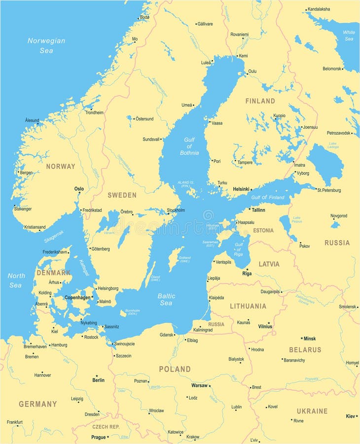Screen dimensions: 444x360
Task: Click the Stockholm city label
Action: click(176, 210)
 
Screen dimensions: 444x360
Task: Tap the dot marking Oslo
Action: click(79, 193)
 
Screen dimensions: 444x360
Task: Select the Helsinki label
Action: click(241, 188)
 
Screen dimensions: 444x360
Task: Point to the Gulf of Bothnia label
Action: click(189, 146)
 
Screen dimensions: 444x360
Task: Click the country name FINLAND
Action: click(260, 101)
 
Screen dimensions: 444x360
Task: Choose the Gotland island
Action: click(174, 259)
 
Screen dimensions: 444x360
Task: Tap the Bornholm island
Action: click(123, 313)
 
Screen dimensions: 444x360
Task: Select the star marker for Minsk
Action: click(302, 338)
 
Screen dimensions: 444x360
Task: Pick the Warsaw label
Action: click(199, 385)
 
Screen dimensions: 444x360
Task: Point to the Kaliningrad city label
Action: click(203, 330)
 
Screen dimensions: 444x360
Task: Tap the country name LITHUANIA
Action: click(248, 306)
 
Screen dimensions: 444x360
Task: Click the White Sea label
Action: click(349, 36)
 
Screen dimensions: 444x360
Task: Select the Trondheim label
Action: click(94, 112)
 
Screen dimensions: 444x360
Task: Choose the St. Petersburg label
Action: click(329, 190)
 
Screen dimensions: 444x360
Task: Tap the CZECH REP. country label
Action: click(107, 427)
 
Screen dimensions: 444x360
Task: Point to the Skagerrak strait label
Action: click(54, 237)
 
